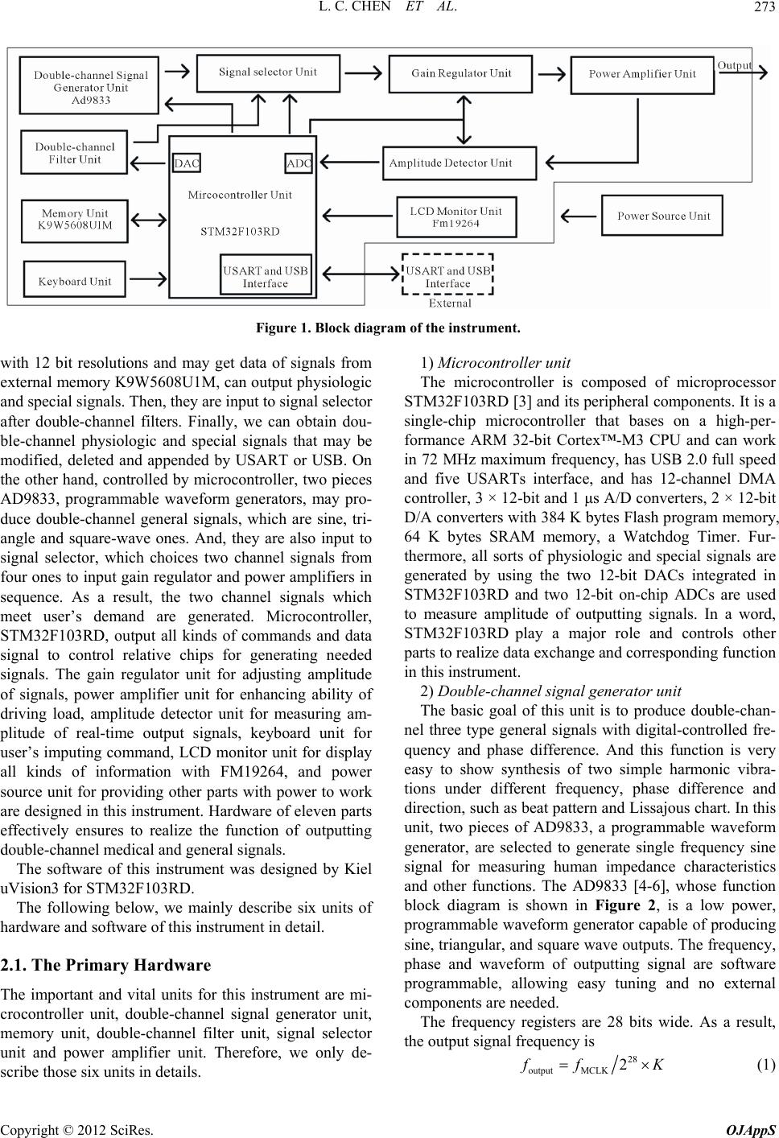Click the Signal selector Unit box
pos(267,72)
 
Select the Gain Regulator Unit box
pos(461,73)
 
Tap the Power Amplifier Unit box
pos(641,74)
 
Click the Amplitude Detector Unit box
pos(458,163)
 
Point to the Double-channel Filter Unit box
pos(74,154)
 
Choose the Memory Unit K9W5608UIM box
pos(74,219)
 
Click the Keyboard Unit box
pos(75,282)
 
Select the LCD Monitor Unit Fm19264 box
pos(455,217)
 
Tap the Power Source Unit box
pos(663,216)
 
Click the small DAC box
pos(187,163)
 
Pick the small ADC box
pos(299,163)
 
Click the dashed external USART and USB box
pos(447,277)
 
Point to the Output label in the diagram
pos(734,65)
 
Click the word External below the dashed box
pos(450,303)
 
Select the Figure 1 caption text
pos(389,328)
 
